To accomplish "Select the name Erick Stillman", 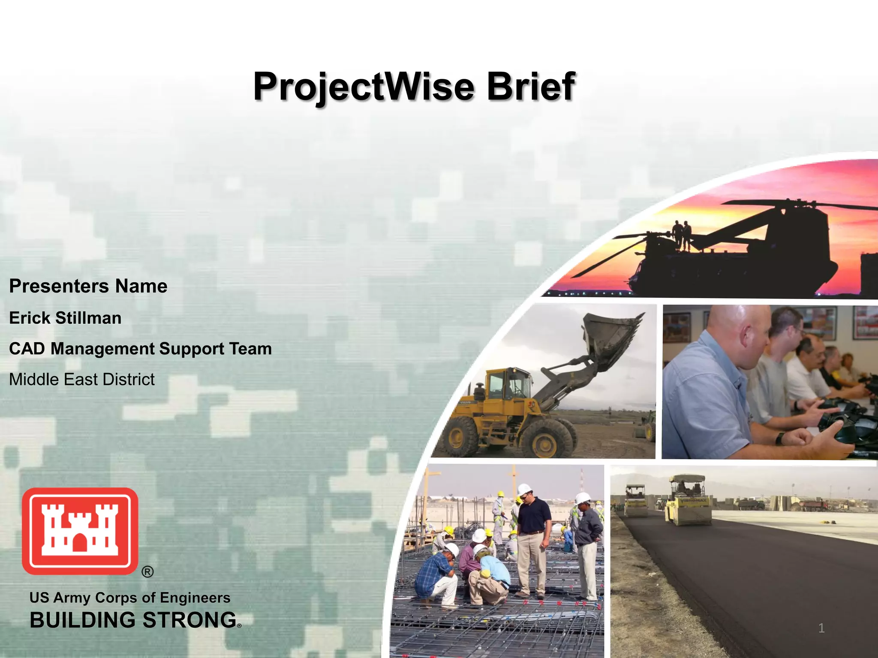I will coord(65,318).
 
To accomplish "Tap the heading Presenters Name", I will coord(88,286).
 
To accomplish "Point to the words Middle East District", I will coord(81,380).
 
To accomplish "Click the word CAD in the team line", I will coord(27,349).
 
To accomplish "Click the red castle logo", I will coord(80,531).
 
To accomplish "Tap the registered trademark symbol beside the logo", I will coord(147,572).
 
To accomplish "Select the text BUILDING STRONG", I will coord(133,620).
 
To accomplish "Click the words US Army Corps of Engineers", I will coord(129,598).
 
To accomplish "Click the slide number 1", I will coord(821,628).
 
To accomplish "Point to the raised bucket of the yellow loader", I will coord(611,338).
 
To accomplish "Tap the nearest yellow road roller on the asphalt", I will coord(689,501).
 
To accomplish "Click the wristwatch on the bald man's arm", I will coord(780,438).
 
